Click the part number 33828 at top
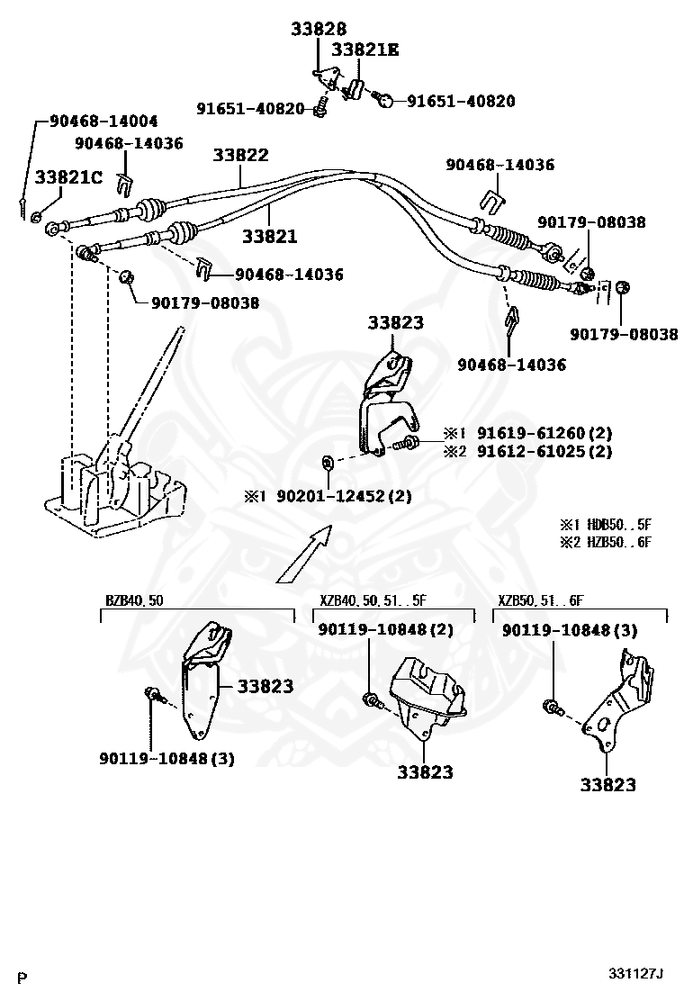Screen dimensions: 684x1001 click(x=319, y=29)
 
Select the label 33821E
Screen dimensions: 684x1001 click(x=365, y=50)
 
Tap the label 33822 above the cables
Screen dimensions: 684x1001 click(x=240, y=155)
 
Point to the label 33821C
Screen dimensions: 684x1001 click(x=68, y=176)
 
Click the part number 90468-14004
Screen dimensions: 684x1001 click(x=103, y=121)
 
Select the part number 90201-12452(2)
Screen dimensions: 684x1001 click(x=344, y=495)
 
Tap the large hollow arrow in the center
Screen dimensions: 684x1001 click(x=304, y=554)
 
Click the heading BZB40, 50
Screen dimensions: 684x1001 click(x=134, y=600)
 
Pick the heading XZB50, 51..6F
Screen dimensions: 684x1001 click(x=540, y=600)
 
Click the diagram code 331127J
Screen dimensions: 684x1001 click(x=635, y=974)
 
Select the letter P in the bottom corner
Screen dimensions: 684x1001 click(x=23, y=978)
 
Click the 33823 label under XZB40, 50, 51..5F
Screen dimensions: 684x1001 click(x=425, y=771)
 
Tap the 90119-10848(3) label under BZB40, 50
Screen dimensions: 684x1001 click(x=166, y=759)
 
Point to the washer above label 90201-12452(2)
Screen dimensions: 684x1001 click(x=328, y=462)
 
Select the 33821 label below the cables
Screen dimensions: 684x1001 click(x=269, y=236)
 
